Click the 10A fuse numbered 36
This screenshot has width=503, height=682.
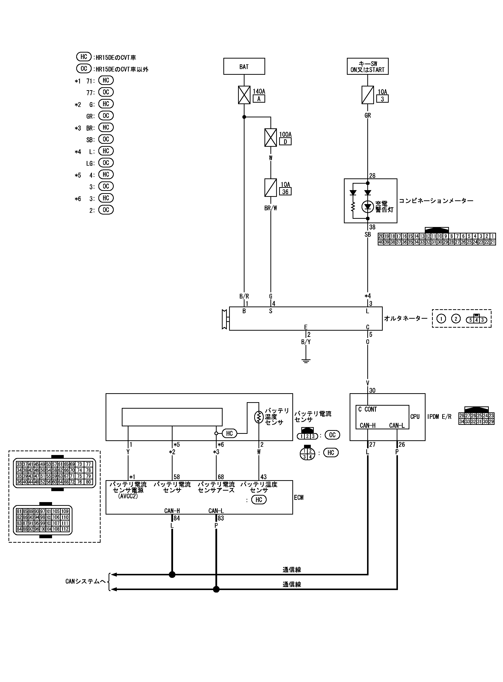pyautogui.click(x=270, y=188)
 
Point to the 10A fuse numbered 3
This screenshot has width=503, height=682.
pyautogui.click(x=368, y=95)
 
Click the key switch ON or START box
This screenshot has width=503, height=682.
pyautogui.click(x=368, y=66)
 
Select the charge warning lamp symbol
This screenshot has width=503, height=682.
pyautogui.click(x=368, y=207)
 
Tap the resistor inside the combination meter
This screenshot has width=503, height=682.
pyautogui.click(x=353, y=207)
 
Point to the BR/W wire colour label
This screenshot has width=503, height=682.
pyautogui.click(x=270, y=208)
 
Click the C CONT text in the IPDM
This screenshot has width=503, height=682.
pyautogui.click(x=368, y=409)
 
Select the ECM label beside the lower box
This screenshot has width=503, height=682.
pyautogui.click(x=299, y=497)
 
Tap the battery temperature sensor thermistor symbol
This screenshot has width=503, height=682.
pyautogui.click(x=258, y=417)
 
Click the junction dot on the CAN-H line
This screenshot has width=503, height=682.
pyautogui.click(x=172, y=574)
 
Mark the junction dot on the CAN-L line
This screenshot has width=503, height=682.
pyautogui.click(x=216, y=589)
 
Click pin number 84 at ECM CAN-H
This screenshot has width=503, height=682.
pyautogui.click(x=177, y=518)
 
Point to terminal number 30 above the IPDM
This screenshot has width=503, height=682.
pyautogui.click(x=372, y=390)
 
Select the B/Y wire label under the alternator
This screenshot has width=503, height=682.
pyautogui.click(x=306, y=342)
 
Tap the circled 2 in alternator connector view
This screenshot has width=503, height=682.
pyautogui.click(x=455, y=319)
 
